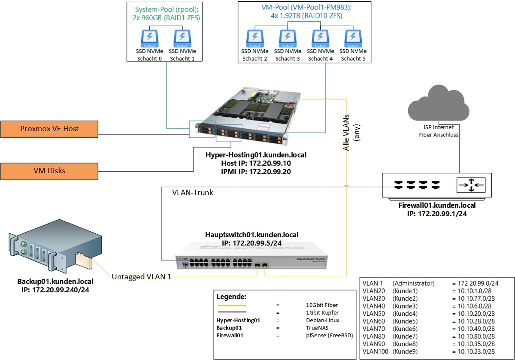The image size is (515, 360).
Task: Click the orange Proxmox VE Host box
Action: (49, 128)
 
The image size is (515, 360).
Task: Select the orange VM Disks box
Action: (49, 170)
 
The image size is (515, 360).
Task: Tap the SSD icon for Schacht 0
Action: (149, 38)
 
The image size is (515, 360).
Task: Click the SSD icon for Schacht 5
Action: (352, 38)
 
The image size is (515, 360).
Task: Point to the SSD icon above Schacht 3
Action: (287, 38)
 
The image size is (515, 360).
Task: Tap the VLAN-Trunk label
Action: (192, 193)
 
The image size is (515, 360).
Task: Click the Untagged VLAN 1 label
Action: (141, 277)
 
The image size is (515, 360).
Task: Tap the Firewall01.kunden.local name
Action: (437, 205)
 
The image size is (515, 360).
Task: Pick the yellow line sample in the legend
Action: (231, 305)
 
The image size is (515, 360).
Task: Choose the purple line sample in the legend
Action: (231, 312)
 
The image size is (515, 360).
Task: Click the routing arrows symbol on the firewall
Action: (471, 185)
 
